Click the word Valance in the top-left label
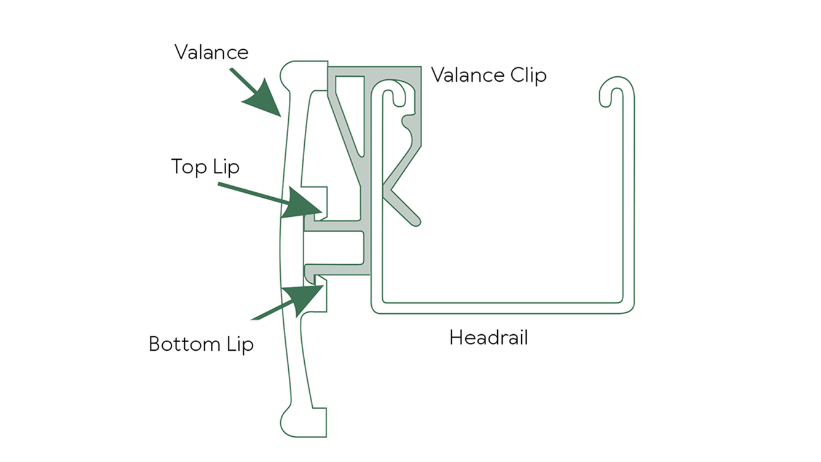click(211, 52)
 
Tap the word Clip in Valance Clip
click(527, 76)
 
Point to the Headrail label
click(489, 337)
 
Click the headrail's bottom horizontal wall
click(501, 308)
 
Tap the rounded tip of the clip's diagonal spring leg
click(415, 219)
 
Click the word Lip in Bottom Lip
click(238, 343)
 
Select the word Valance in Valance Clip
click(467, 76)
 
